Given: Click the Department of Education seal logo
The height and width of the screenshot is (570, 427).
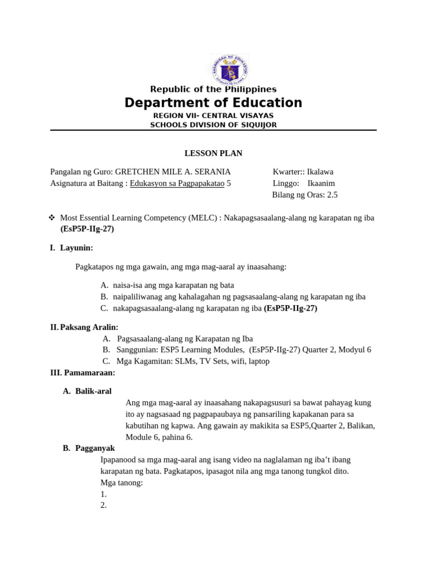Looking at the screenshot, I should point(230,70).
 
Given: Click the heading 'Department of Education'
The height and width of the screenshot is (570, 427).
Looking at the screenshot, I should point(213,103).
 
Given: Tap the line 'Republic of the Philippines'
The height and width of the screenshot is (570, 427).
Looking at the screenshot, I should point(213,89).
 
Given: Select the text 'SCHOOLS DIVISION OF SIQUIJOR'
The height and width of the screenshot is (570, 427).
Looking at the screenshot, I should point(213,125).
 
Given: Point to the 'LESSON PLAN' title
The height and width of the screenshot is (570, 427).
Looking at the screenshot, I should point(213,154).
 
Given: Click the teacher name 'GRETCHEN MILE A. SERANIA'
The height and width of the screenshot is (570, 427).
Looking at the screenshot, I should point(173,172).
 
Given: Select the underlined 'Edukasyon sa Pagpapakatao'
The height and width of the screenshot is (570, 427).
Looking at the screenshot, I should point(177,183).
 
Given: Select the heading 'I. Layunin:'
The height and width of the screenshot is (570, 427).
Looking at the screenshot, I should point(72,248).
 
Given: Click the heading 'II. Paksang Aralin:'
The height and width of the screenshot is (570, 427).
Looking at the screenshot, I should point(85,327).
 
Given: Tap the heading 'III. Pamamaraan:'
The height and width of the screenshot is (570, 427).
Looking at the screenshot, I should point(83,372).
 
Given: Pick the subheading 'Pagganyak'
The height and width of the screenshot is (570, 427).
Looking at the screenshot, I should point(95,448).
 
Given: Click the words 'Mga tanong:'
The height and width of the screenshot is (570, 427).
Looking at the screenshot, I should point(122,483).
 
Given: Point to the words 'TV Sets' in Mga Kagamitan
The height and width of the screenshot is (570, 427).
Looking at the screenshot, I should point(205,361).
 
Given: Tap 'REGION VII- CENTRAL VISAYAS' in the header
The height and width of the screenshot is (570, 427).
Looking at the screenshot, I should point(213,115).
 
